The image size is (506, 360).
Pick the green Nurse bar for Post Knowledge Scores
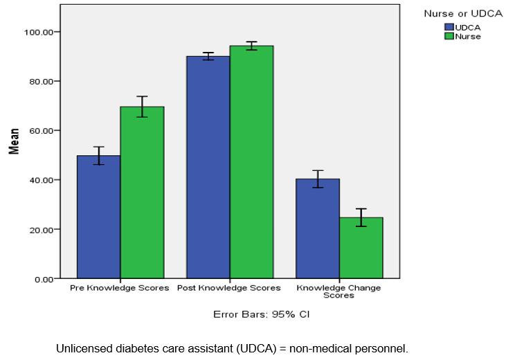tap(252, 162)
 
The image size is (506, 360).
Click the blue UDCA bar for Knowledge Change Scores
tap(318, 228)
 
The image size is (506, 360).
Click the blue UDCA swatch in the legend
tap(449, 27)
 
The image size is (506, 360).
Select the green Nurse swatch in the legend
tap(449, 36)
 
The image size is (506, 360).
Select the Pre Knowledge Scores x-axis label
tap(120, 288)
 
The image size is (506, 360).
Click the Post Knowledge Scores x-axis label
tap(229, 288)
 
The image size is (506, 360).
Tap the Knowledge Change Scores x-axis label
tap(338, 291)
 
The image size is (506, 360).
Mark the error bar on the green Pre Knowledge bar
tap(142, 107)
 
